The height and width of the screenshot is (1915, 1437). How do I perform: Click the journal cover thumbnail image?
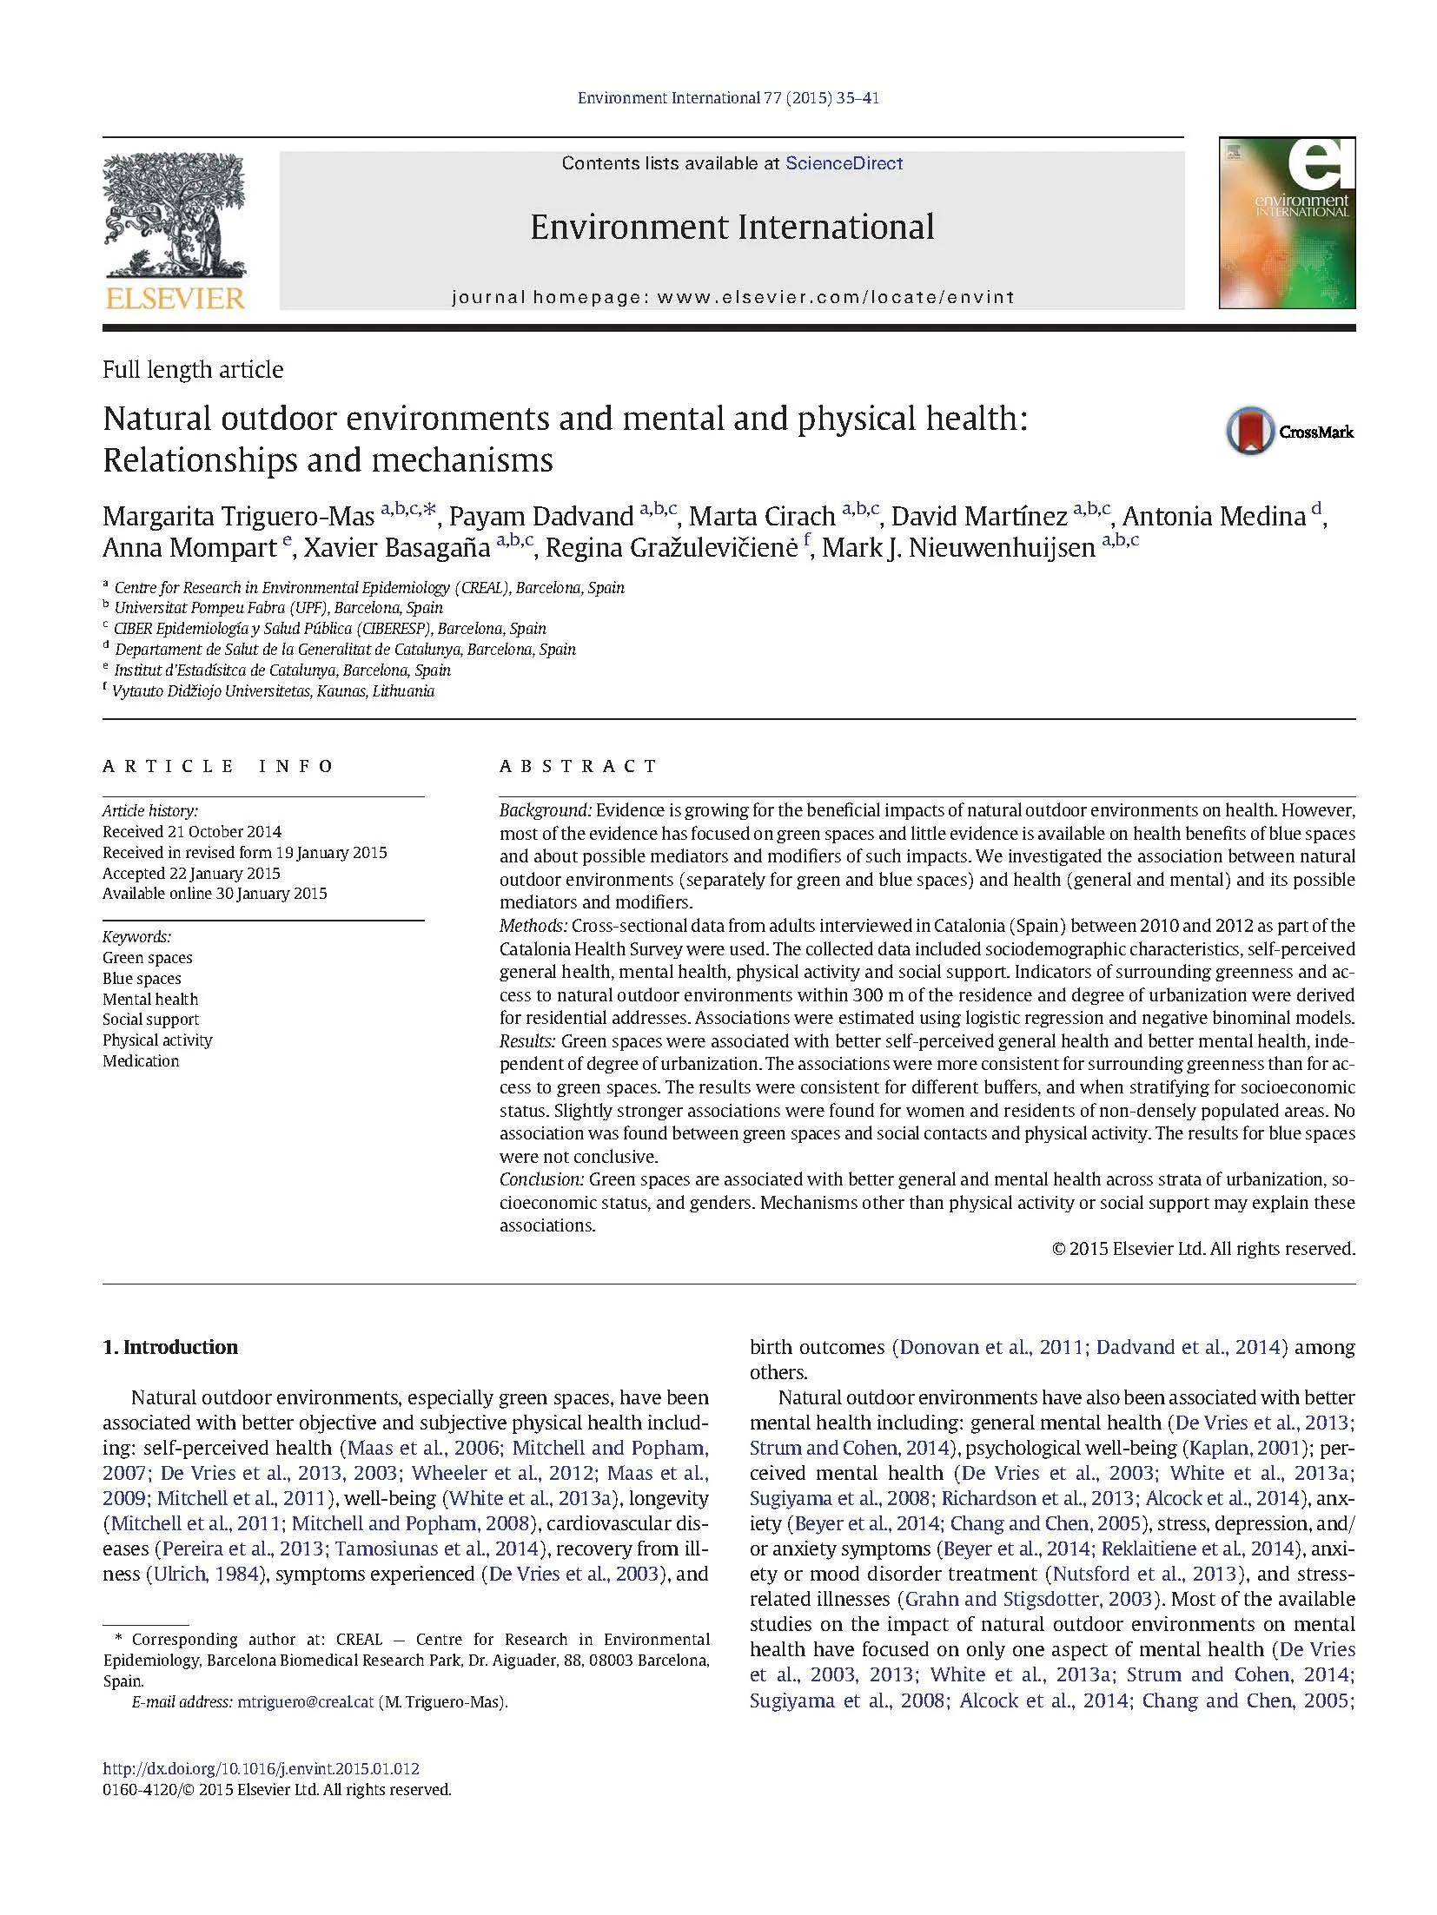tap(1286, 222)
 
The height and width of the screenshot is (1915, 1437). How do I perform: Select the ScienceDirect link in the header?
tap(844, 163)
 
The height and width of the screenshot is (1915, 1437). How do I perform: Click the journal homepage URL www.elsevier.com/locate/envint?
tap(835, 297)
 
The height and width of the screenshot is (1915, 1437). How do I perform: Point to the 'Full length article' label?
tap(193, 370)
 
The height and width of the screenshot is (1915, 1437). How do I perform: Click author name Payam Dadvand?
tap(540, 516)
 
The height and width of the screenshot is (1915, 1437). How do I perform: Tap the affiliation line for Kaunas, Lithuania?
tap(273, 691)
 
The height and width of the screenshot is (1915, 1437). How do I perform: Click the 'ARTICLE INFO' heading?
tap(218, 766)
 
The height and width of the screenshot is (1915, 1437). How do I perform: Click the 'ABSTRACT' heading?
tap(578, 766)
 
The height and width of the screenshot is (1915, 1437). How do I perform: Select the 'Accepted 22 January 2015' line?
tap(191, 873)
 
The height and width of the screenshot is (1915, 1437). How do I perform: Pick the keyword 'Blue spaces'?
tap(142, 978)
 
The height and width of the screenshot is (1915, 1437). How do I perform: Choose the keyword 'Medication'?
tap(141, 1060)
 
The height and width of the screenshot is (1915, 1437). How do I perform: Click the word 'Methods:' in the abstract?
tap(533, 926)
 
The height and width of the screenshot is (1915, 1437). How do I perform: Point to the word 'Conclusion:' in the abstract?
tap(541, 1179)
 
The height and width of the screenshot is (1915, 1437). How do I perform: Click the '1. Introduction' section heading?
tap(170, 1347)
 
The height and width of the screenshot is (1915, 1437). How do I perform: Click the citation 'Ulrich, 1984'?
tap(208, 1574)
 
